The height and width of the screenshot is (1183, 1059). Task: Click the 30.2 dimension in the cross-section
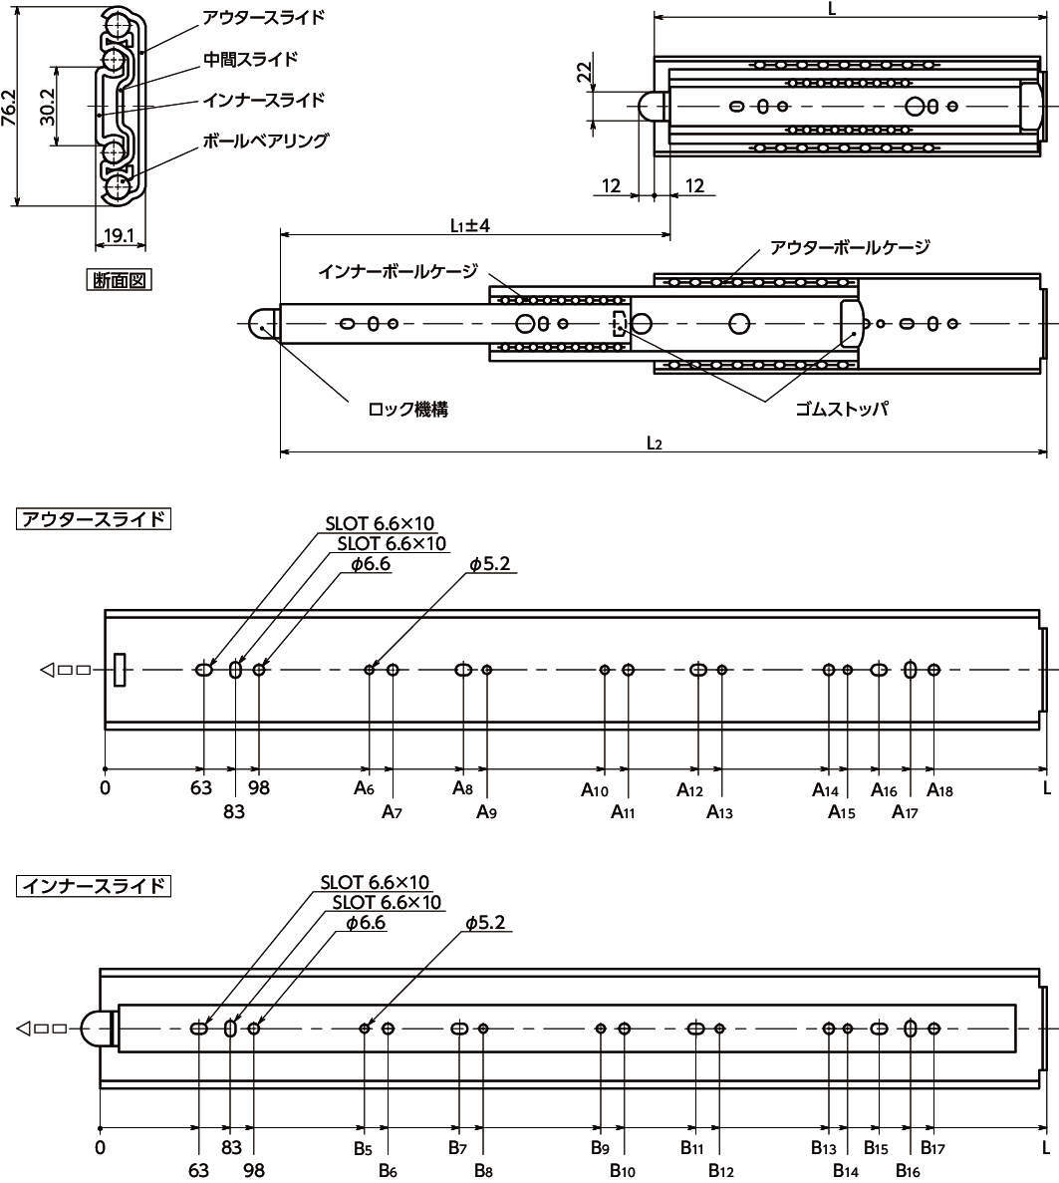click(x=47, y=106)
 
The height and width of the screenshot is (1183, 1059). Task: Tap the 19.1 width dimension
click(x=119, y=235)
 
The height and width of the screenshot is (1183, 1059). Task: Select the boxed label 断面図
click(x=120, y=280)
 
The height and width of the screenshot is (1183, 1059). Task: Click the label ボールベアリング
click(x=266, y=141)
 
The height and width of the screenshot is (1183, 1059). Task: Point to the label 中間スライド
click(x=250, y=59)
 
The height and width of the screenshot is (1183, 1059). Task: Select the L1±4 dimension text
click(x=470, y=225)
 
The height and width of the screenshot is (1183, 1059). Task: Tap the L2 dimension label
click(x=654, y=443)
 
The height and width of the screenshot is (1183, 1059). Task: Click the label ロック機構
click(x=408, y=409)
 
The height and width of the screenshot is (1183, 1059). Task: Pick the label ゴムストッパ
click(x=842, y=409)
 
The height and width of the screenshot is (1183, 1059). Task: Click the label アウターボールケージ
click(x=850, y=247)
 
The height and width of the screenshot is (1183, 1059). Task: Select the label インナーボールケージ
click(x=398, y=271)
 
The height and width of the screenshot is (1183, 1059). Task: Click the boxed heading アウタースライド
click(x=94, y=519)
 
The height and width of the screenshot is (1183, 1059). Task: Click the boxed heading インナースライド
click(x=94, y=886)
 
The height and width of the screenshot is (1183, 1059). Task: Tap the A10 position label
click(x=595, y=790)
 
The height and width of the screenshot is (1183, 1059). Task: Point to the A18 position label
click(x=939, y=790)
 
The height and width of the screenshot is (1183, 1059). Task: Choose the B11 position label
click(x=691, y=1147)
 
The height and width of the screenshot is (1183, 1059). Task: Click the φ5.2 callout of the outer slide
click(x=489, y=563)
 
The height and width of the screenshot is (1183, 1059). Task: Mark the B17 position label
click(x=933, y=1147)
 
